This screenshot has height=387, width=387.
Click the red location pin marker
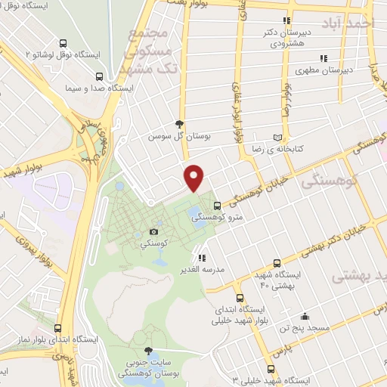tap(195, 178)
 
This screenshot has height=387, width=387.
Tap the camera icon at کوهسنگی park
tap(154, 231)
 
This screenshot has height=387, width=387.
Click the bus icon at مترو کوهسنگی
tap(217, 205)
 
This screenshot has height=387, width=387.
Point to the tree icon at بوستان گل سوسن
tap(178, 124)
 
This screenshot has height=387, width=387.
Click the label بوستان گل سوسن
tap(178, 136)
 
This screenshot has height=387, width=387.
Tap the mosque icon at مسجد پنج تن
tap(304, 316)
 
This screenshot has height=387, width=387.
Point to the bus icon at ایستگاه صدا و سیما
tap(100, 76)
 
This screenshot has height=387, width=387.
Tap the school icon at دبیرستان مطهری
tap(323, 58)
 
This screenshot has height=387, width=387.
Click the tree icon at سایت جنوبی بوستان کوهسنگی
tap(148, 351)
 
